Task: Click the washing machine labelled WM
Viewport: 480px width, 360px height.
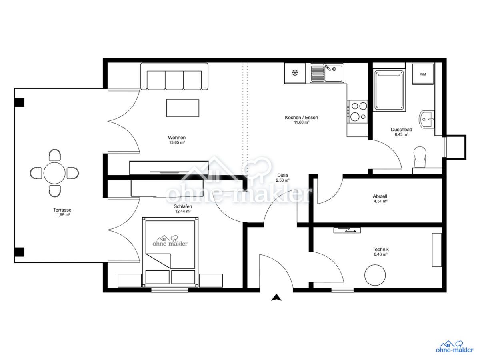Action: tap(422, 74)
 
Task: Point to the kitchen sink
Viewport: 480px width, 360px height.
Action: tap(326, 73)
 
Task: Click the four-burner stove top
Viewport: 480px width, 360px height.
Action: tap(358, 112)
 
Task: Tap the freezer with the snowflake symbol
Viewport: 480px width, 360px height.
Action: tap(295, 73)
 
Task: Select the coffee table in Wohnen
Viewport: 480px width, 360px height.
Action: tap(182, 108)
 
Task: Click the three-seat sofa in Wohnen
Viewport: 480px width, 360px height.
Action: tap(174, 76)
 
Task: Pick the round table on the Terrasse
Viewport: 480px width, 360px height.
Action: tap(54, 173)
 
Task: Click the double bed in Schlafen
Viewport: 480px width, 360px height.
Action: tap(170, 252)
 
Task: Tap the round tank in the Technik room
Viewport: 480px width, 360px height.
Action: tap(375, 275)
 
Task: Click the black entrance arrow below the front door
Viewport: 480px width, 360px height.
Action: tap(276, 298)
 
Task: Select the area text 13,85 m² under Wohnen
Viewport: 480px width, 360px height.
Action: tap(177, 142)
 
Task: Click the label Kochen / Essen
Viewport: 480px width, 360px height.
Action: tap(301, 117)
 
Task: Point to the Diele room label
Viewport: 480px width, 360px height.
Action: tap(282, 175)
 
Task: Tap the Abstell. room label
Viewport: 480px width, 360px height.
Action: tap(381, 196)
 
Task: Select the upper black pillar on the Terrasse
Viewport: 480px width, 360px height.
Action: tap(19, 102)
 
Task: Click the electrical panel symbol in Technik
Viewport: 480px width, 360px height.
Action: tap(347, 230)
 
